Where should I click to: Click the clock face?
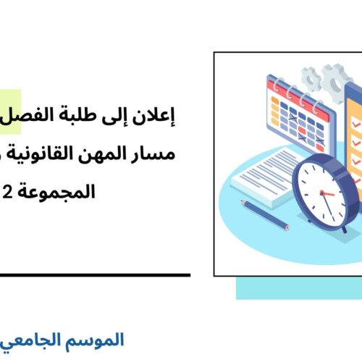click(x=327, y=190)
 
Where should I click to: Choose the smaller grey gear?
click(x=311, y=75)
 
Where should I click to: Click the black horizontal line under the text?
click(x=94, y=274)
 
